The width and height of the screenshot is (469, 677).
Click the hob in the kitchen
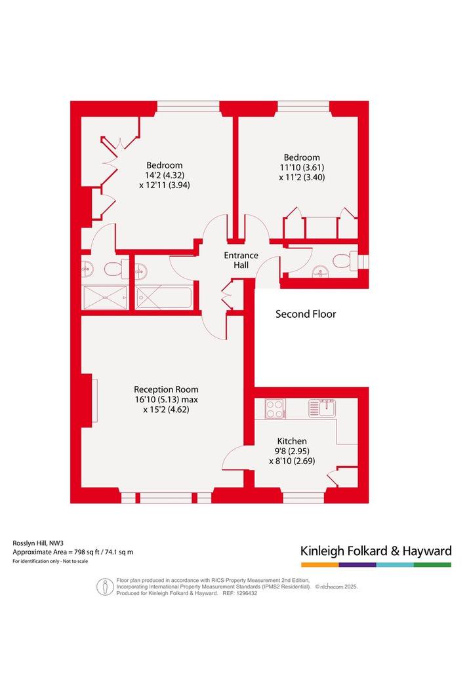click(x=274, y=408)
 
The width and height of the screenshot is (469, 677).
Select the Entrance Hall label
click(x=241, y=260)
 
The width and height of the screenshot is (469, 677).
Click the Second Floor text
click(x=306, y=314)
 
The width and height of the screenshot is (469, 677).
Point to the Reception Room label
click(x=166, y=389)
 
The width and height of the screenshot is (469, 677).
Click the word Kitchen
click(x=292, y=441)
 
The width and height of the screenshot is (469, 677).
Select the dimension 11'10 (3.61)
click(x=302, y=167)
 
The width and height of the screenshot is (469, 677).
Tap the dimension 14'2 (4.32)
click(x=164, y=175)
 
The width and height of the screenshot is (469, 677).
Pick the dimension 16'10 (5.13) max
click(x=166, y=399)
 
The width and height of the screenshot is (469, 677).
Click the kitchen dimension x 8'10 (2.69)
click(x=292, y=461)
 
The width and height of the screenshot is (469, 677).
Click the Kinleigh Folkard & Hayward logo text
click(x=376, y=551)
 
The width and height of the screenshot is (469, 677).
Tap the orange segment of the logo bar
click(x=320, y=564)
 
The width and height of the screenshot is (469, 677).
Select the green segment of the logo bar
click(x=432, y=564)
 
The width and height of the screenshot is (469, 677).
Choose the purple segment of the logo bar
click(x=357, y=564)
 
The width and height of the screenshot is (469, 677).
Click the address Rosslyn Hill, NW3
click(x=38, y=543)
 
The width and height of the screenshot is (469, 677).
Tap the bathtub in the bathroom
click(x=163, y=298)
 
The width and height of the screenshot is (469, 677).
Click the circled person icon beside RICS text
click(x=105, y=587)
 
